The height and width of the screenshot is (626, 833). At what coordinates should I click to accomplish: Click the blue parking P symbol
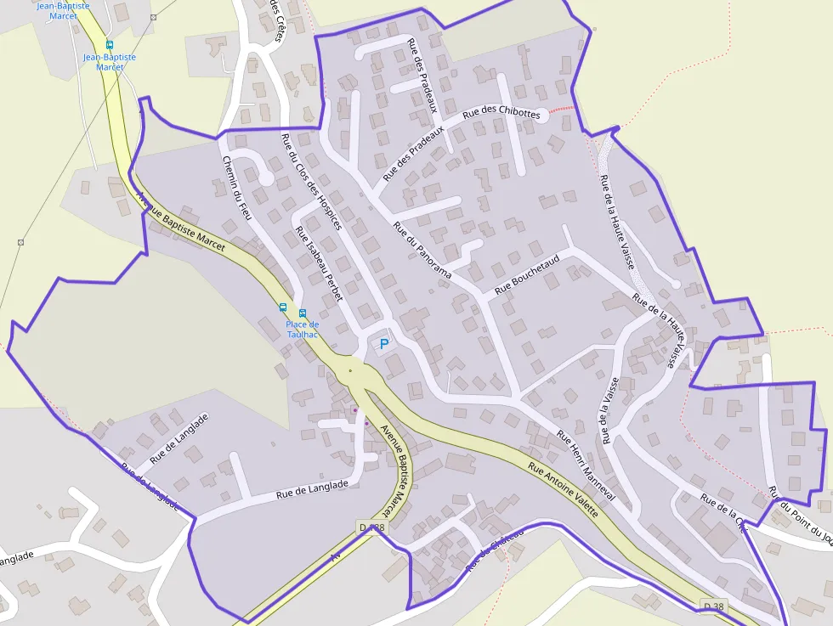384,344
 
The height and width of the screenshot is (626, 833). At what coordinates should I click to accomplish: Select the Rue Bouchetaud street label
527,274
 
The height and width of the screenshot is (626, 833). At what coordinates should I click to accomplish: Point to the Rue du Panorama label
422,250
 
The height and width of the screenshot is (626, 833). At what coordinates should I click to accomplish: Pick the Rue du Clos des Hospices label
311,182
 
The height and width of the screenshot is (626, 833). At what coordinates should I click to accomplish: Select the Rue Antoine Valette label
563,490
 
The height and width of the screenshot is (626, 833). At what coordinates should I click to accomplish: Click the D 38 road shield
713,606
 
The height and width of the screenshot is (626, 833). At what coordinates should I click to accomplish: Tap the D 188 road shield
372,527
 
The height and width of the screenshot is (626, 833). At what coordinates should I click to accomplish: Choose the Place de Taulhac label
302,329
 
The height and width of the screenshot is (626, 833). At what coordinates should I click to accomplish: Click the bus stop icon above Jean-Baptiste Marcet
109,44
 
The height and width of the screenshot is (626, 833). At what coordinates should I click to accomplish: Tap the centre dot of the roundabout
350,371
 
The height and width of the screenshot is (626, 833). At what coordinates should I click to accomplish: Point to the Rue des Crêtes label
276,20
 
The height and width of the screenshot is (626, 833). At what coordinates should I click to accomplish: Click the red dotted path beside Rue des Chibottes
562,110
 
